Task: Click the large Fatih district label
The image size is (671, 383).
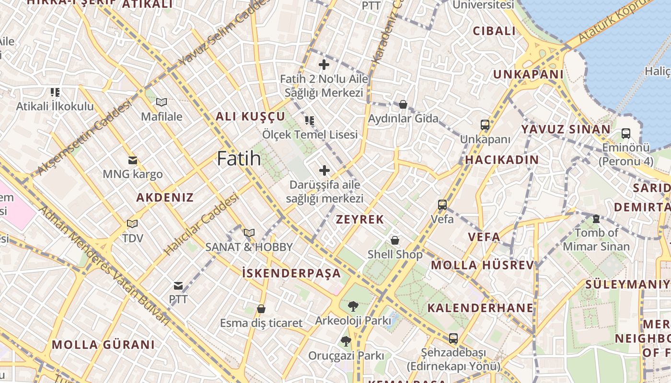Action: (x=239, y=158)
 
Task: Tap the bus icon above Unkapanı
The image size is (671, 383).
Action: (x=485, y=125)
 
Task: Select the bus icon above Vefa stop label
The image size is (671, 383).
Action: (x=442, y=205)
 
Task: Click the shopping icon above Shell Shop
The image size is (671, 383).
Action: (x=395, y=240)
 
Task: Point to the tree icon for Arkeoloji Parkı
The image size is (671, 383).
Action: (x=353, y=306)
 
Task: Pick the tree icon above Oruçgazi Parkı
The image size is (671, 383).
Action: (x=346, y=341)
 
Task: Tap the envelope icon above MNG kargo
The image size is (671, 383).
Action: (x=132, y=160)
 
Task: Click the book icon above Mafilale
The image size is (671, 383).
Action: (x=162, y=102)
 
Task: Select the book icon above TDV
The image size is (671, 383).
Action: (x=132, y=224)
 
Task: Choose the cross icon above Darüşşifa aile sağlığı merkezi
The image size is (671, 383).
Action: (x=324, y=170)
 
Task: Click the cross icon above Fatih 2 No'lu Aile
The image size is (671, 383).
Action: (x=324, y=64)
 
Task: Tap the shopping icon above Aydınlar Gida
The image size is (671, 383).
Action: (x=403, y=104)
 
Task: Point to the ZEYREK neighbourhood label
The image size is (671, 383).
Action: (x=360, y=220)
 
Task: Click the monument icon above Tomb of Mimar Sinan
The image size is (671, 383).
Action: (x=596, y=219)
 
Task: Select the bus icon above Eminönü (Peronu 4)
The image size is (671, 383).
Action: (x=625, y=133)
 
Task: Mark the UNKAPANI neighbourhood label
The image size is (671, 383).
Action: (x=528, y=74)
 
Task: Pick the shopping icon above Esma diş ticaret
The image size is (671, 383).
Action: (x=261, y=309)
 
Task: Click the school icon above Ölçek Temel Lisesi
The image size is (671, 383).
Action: (x=310, y=120)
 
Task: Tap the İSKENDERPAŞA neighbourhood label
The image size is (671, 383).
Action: (x=291, y=273)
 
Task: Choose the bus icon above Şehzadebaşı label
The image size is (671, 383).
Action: (x=453, y=338)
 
